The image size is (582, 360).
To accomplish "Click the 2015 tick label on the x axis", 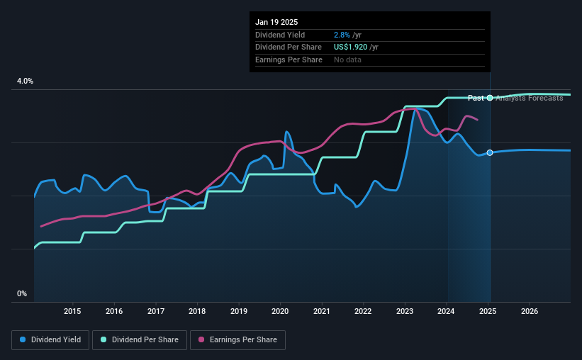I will pyautogui.click(x=72, y=311).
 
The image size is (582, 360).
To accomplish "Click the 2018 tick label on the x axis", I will pyautogui.click(x=197, y=311).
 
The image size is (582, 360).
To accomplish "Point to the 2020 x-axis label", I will pyautogui.click(x=280, y=311).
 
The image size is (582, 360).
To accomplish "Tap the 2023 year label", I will pyautogui.click(x=405, y=311).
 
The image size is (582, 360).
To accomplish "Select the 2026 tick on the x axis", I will pyautogui.click(x=530, y=311).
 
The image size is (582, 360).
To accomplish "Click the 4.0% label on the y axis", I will pyautogui.click(x=25, y=81).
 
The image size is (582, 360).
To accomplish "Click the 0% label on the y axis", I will pyautogui.click(x=22, y=293).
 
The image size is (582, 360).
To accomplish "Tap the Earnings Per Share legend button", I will pyautogui.click(x=237, y=340).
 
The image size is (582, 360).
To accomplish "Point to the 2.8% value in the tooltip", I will pyautogui.click(x=342, y=35).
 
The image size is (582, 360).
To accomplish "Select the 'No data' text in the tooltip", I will pyautogui.click(x=347, y=60).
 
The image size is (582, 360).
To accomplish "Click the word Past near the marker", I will pyautogui.click(x=476, y=98).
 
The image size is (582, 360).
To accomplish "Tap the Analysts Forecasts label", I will pyautogui.click(x=530, y=98).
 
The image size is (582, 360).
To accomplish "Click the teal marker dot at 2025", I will pyautogui.click(x=490, y=98).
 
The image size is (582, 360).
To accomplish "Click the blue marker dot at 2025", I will pyautogui.click(x=490, y=153).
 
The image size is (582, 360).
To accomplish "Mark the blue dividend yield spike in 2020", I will pyautogui.click(x=286, y=133).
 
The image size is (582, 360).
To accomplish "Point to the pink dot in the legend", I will pyautogui.click(x=202, y=340).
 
